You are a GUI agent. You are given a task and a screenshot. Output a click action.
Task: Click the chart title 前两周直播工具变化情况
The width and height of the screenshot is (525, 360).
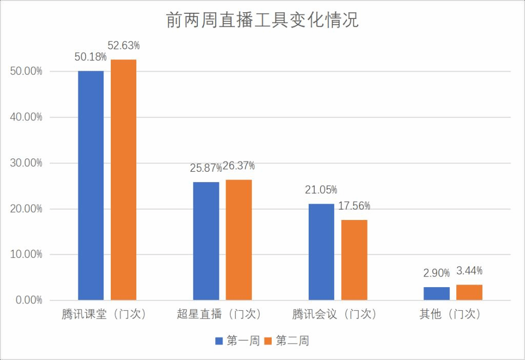262,20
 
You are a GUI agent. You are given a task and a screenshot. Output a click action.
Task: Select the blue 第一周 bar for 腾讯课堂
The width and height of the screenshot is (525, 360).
91,185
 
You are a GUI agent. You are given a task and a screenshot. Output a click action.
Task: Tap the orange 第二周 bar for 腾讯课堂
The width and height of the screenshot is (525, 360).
124,179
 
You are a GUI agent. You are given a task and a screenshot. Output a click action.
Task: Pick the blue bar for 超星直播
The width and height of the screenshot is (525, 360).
206,241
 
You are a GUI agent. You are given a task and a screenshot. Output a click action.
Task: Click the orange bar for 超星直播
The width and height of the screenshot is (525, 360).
239,240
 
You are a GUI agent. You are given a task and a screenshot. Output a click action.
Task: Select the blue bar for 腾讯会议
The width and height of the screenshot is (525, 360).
321,252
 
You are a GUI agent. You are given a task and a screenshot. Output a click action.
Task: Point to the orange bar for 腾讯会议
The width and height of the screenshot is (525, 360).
354,260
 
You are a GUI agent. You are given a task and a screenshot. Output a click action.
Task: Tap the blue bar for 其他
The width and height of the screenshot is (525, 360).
437,293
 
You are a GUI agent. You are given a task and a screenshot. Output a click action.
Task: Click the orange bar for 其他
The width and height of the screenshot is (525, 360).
470,292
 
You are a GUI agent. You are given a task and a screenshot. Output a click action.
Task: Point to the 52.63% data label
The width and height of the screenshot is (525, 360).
124,46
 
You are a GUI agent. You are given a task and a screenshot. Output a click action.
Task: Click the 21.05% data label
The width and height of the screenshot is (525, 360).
321,190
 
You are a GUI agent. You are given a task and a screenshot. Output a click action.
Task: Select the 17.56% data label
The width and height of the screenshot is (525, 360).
354,206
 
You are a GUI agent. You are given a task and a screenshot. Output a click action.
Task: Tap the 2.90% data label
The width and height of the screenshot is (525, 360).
437,273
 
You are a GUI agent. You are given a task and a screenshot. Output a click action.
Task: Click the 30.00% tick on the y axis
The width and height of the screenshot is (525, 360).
26,163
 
